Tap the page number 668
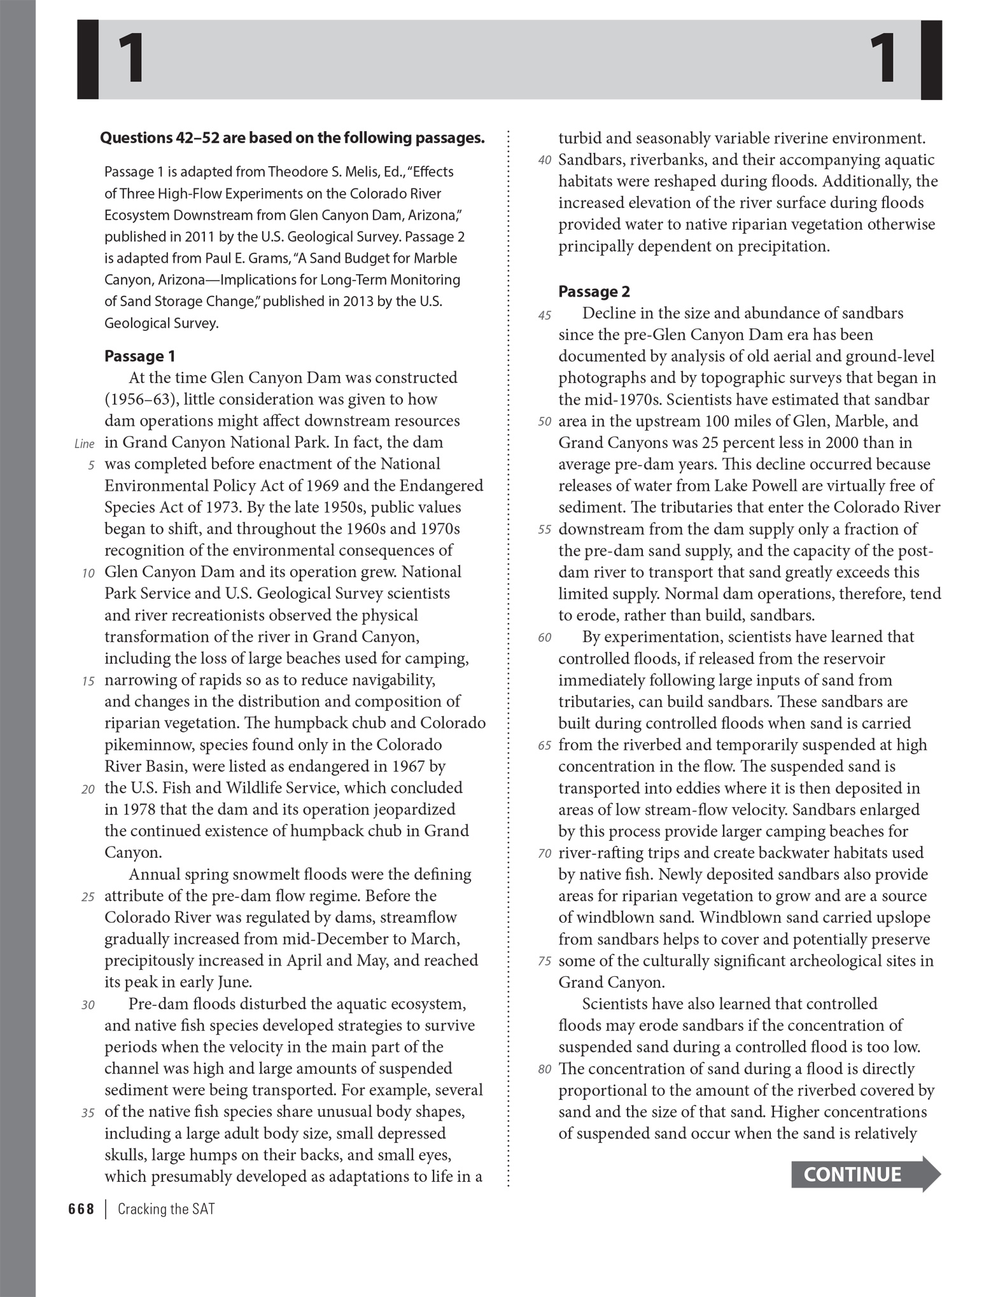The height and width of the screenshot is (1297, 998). pyautogui.click(x=81, y=1209)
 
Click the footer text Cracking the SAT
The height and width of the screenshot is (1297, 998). pyautogui.click(x=166, y=1209)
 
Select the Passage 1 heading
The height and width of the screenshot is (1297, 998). pyautogui.click(x=139, y=356)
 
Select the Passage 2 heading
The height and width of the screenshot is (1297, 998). pyautogui.click(x=594, y=291)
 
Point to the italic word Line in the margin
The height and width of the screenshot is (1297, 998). pyautogui.click(x=84, y=444)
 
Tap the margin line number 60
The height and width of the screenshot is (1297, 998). pyautogui.click(x=544, y=638)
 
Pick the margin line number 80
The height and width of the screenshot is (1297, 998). pyautogui.click(x=544, y=1069)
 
